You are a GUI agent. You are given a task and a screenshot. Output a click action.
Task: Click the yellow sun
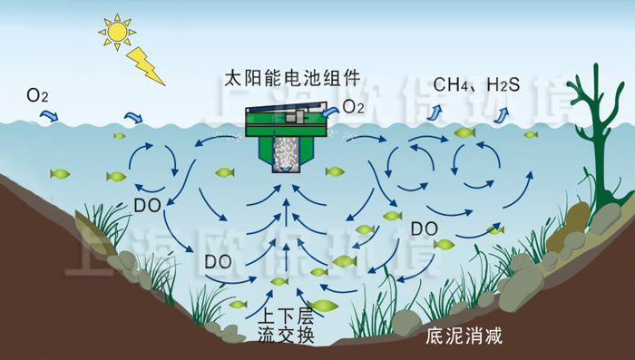pos(117,32)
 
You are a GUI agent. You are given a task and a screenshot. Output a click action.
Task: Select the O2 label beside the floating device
pos(353,108)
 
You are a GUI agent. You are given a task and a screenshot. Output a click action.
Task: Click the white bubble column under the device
pos(286,157)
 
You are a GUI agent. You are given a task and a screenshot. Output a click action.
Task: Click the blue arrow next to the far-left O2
pos(52,110)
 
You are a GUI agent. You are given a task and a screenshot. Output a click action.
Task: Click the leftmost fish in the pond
pos(61,173)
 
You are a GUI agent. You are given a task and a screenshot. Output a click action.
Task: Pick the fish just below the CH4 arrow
pos(464,132)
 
